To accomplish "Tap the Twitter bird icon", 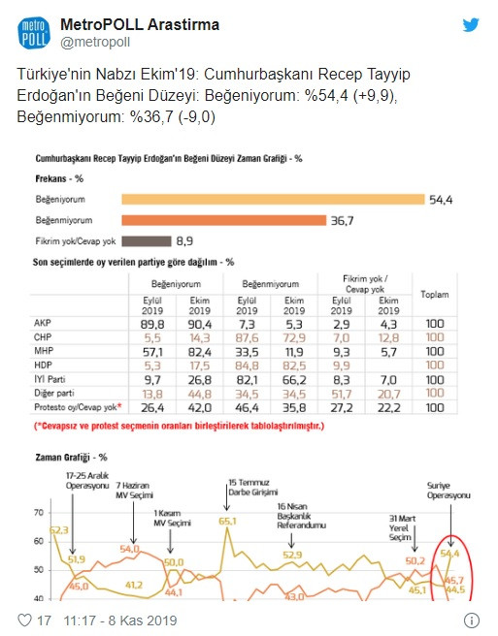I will [471, 26].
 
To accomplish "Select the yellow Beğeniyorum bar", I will [273, 199].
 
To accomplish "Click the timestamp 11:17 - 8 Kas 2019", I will [112, 618].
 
